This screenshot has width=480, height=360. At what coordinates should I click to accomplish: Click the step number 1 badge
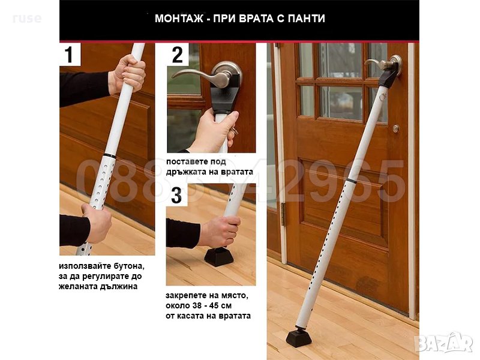(70, 54)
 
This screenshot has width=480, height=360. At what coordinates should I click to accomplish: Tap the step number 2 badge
(178, 55)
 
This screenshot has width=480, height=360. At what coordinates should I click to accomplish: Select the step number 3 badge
(176, 196)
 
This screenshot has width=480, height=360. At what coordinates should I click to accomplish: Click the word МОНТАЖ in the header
(179, 19)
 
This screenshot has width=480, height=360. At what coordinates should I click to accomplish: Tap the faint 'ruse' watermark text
(27, 19)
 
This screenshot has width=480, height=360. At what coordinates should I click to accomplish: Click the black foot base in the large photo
(299, 337)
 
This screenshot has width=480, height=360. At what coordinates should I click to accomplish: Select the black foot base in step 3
(219, 257)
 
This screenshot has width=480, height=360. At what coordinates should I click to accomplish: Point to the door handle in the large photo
(384, 64)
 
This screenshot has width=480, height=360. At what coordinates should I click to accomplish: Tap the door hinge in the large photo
(283, 214)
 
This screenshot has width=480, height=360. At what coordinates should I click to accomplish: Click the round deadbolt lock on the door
(396, 128)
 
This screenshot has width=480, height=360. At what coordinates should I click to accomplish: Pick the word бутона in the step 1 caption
(128, 266)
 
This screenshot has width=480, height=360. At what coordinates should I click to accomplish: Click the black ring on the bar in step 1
(110, 156)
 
